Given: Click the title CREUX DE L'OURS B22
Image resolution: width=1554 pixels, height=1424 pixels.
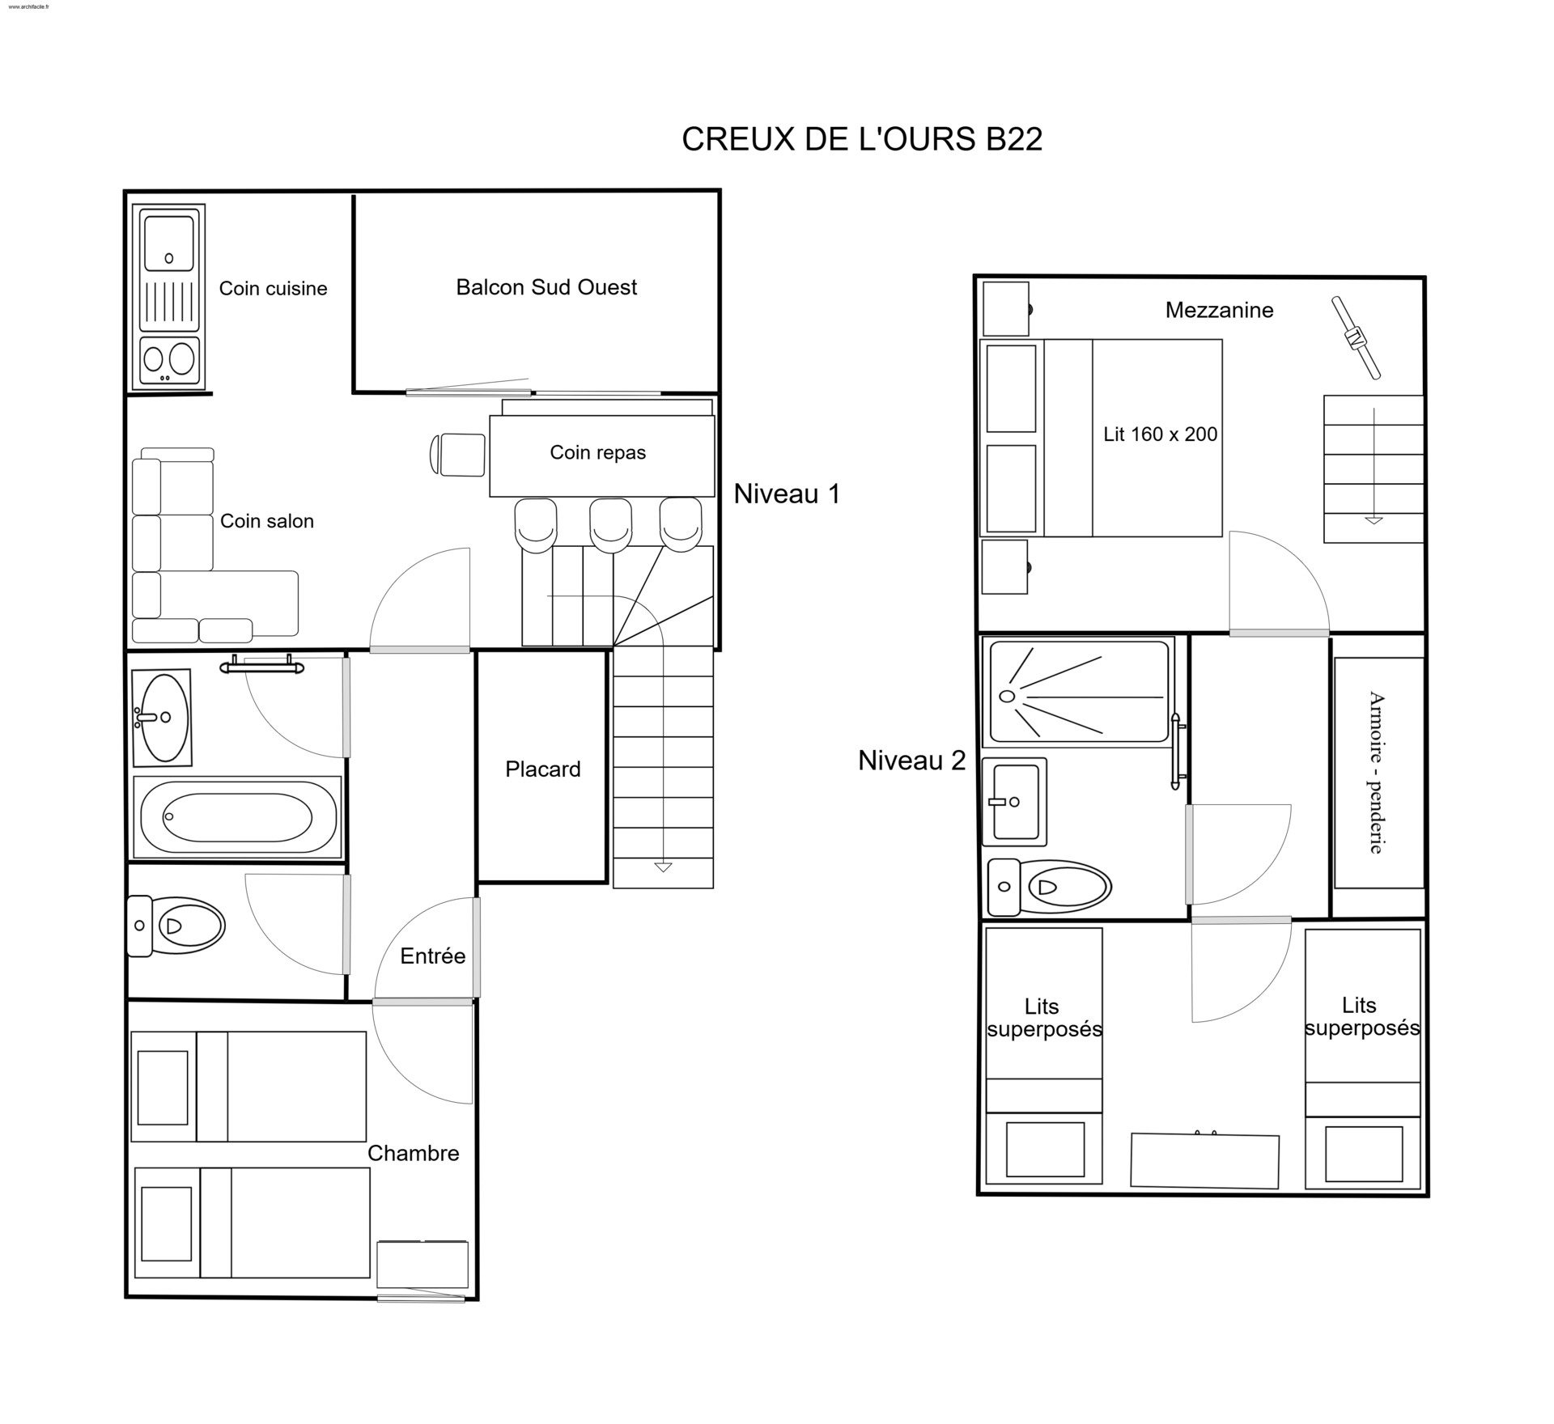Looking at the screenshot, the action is click(x=862, y=139).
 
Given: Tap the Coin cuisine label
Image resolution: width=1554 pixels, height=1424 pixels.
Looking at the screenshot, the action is click(x=274, y=289).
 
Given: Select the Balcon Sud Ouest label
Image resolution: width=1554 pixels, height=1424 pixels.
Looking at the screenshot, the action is click(x=546, y=287).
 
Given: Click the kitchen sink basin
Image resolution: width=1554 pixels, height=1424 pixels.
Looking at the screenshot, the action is click(x=168, y=240).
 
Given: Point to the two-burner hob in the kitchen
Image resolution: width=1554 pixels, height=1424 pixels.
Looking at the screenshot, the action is click(x=168, y=360).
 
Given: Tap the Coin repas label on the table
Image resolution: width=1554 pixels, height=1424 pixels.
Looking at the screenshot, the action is click(x=598, y=452).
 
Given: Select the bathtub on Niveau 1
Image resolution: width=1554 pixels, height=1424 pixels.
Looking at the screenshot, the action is click(x=237, y=817).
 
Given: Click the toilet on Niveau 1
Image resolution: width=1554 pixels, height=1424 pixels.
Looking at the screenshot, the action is click(x=176, y=926).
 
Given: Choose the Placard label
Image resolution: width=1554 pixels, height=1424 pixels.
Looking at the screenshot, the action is click(x=543, y=769).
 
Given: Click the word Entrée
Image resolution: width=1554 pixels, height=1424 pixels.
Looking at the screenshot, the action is click(x=433, y=956).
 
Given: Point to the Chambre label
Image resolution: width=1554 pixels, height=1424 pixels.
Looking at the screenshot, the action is click(x=414, y=1154).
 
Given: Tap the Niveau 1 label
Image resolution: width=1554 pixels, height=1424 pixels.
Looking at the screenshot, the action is click(x=787, y=494).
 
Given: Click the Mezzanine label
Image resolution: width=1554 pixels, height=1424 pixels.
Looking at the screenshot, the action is click(x=1219, y=310).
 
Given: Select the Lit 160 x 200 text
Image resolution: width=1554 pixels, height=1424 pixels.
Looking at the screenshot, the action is click(x=1160, y=434).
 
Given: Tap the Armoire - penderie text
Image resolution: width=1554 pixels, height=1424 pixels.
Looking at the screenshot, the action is click(x=1377, y=773).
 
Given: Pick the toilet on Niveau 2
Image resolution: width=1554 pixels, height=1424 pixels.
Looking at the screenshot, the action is click(x=1050, y=888).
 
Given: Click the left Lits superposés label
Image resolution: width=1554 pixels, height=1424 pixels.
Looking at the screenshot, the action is click(x=1044, y=1018).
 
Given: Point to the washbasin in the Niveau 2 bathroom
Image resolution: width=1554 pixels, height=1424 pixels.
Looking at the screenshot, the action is click(x=1015, y=802).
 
